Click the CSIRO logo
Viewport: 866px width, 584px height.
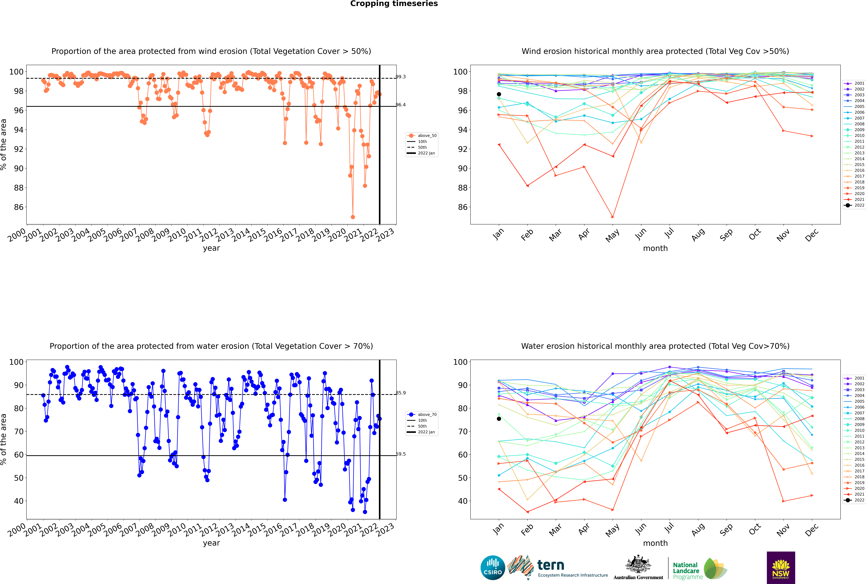(x=493, y=568)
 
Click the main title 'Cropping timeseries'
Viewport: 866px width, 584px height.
(x=394, y=4)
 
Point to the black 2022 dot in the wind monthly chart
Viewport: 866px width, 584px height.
(x=499, y=94)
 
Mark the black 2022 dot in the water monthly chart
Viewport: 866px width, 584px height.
(x=499, y=419)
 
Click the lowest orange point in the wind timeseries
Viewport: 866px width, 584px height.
(x=353, y=217)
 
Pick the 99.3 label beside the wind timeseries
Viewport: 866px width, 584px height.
(x=401, y=77)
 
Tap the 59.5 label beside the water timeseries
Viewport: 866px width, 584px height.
(x=401, y=454)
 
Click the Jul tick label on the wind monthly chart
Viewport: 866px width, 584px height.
(x=669, y=233)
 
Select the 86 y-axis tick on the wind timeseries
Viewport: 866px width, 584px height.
(x=19, y=207)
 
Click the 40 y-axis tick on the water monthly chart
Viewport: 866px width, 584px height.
(x=462, y=501)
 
